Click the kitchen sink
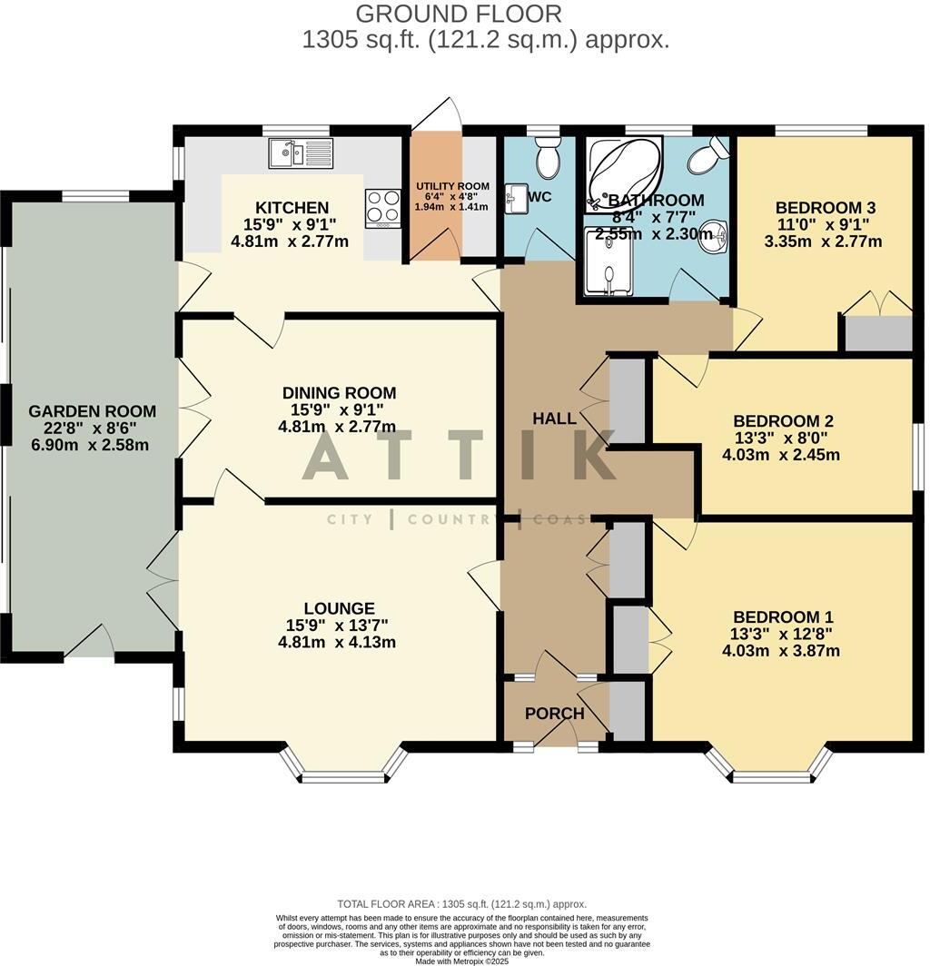[301, 153]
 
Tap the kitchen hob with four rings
[383, 208]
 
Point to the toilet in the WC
[548, 160]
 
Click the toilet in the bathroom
[707, 157]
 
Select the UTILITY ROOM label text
[451, 185]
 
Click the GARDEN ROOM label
[92, 411]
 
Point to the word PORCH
[554, 714]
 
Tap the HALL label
[554, 419]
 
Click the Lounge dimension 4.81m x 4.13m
[338, 642]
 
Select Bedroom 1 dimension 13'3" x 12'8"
[782, 634]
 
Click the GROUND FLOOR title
[459, 14]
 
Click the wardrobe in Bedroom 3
[876, 333]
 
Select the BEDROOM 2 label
[783, 421]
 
